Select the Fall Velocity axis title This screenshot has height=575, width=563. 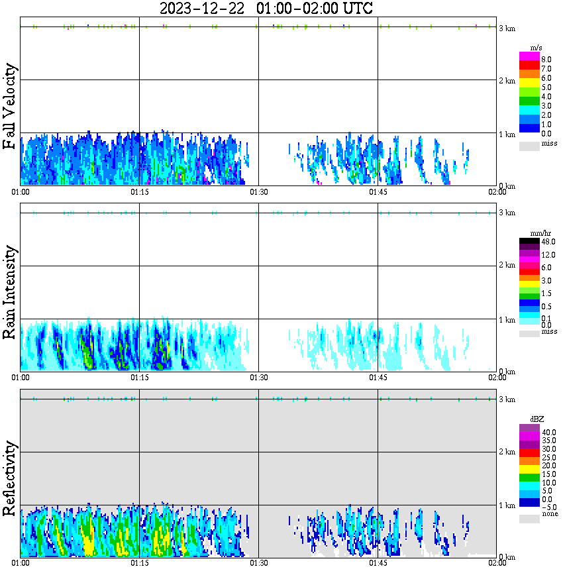click(x=9, y=107)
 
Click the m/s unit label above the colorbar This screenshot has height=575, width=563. click(x=537, y=47)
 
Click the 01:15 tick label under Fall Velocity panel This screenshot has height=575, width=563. click(x=139, y=192)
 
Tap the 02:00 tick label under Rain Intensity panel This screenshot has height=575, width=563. click(x=497, y=378)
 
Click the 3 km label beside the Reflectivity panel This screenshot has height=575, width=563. click(x=507, y=399)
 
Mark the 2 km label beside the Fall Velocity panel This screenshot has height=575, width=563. click(x=507, y=81)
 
